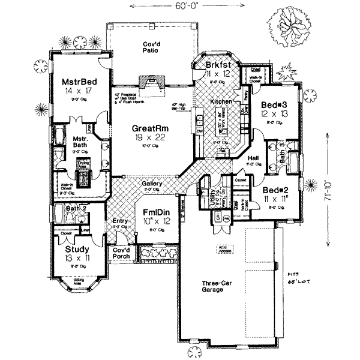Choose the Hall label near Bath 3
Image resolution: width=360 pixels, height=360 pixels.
253,158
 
